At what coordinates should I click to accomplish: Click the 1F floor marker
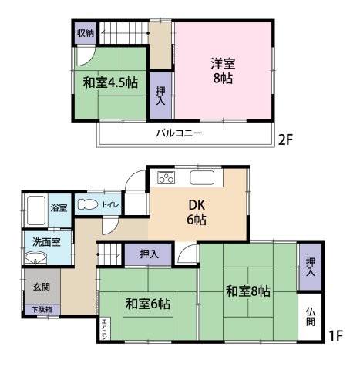(x=335, y=337)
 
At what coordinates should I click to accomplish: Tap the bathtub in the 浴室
(x=35, y=208)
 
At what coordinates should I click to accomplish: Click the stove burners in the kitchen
(x=167, y=178)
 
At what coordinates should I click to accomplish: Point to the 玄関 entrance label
(x=42, y=286)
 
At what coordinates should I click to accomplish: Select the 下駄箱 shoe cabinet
(x=42, y=310)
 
